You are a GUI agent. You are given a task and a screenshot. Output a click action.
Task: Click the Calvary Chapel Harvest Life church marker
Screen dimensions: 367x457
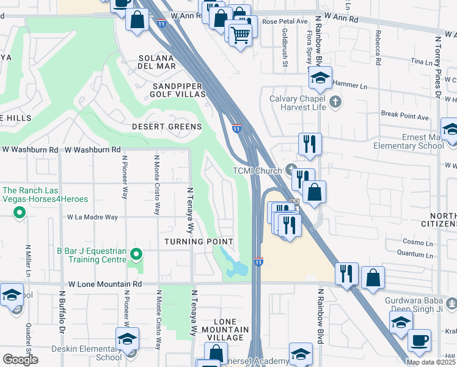point(335,101)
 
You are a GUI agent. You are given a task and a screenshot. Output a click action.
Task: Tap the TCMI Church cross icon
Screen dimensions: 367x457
point(291,170)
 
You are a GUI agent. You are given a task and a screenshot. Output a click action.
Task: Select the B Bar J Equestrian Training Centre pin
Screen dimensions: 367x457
point(136,253)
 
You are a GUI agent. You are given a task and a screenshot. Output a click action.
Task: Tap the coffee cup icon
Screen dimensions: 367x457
point(419,340)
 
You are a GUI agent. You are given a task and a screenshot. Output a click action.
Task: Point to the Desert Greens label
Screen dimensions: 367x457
point(167,127)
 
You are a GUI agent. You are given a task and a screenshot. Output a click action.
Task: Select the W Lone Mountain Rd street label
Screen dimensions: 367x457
point(104,284)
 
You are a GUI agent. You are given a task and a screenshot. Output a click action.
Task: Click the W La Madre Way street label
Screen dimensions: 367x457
point(92,217)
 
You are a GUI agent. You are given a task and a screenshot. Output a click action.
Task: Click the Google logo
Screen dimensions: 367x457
point(20,360)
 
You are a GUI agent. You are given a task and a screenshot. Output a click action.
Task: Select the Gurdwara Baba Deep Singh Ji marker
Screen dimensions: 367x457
point(451,302)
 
